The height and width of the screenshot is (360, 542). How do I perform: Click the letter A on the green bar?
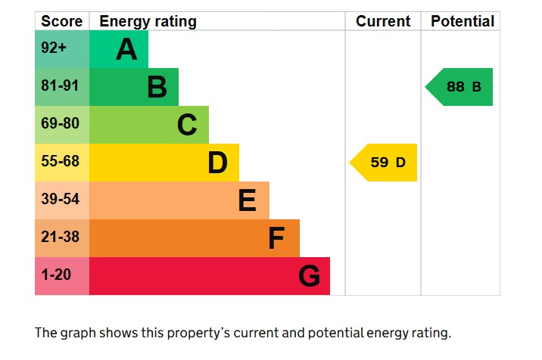coord(126,50)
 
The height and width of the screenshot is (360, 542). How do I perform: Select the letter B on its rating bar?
coord(157,88)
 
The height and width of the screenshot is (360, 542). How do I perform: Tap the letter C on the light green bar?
coord(187,125)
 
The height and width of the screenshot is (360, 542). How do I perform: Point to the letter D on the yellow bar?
coord(217,163)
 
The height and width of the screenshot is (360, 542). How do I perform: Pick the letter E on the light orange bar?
coord(247,200)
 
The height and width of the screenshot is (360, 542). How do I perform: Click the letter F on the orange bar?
coord(276,239)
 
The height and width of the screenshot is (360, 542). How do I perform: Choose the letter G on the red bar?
coord(309,277)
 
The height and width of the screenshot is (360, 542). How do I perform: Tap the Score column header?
coord(61,21)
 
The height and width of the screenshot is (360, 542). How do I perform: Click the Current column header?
coord(383,21)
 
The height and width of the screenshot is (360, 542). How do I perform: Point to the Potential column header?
coord(462,21)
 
